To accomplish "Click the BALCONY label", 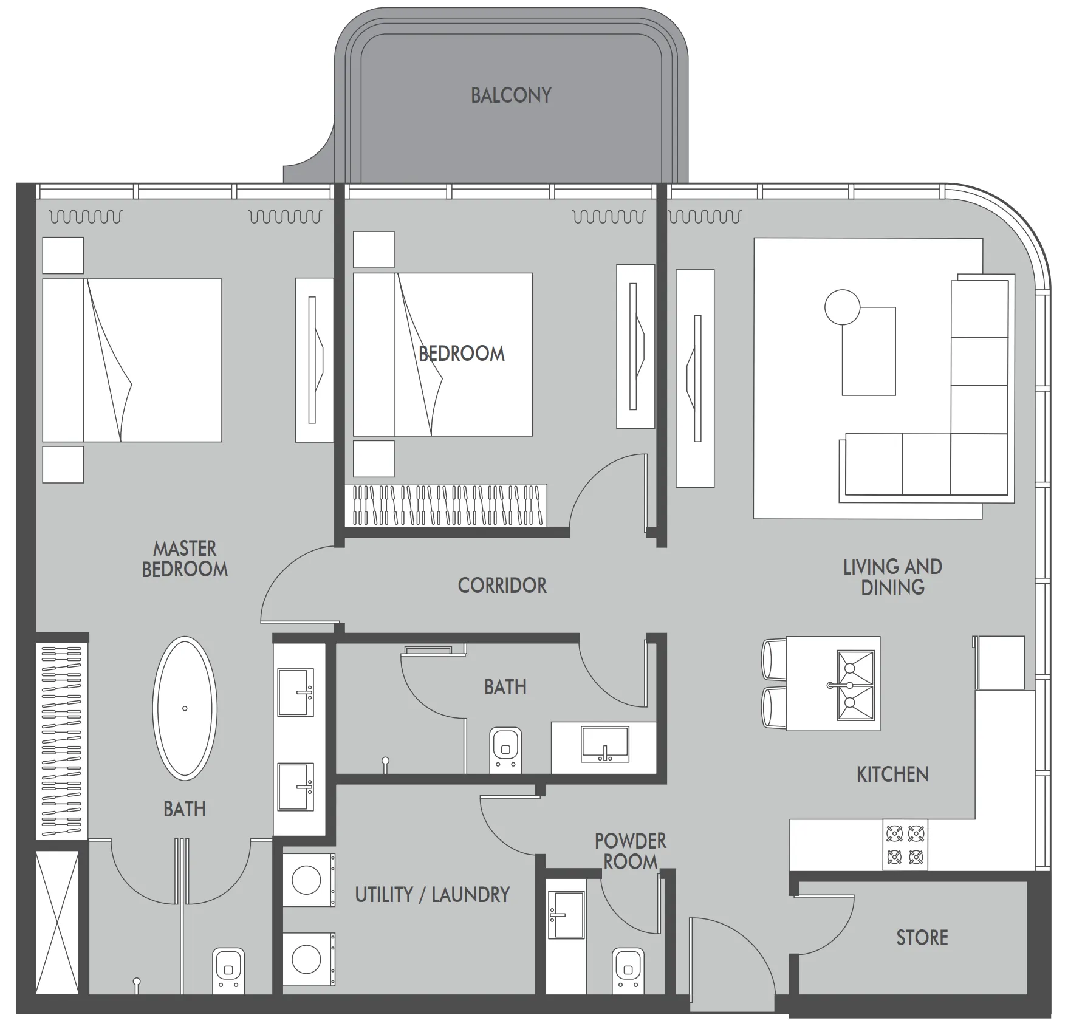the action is [511, 95].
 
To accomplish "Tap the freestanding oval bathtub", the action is [185, 708].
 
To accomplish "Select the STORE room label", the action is [922, 937].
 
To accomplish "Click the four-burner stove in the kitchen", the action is [905, 844].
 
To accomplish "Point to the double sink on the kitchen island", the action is [855, 685].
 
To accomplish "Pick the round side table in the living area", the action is [842, 307].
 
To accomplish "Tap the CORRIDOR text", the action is [502, 586].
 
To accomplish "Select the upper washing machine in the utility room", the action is [309, 880].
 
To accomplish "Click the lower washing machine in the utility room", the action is [309, 959].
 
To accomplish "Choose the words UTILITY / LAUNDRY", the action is [432, 895].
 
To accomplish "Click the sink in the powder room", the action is [566, 915].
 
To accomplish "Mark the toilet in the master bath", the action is [228, 971].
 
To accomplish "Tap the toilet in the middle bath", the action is [505, 750].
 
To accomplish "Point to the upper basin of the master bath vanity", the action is [296, 692].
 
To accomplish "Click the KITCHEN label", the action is [892, 774].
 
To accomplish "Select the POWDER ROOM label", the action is [630, 852].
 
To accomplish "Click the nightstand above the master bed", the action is [63, 255].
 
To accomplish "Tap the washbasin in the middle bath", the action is [605, 744].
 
